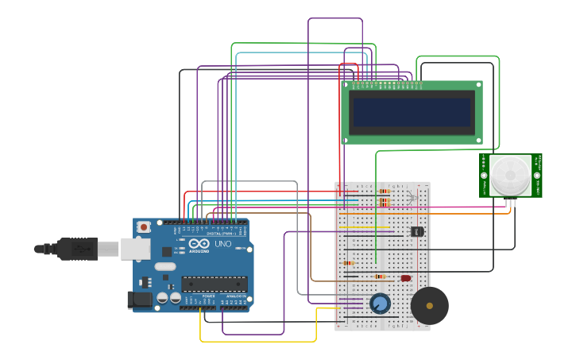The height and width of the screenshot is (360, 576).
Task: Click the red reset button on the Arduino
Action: [x=144, y=227]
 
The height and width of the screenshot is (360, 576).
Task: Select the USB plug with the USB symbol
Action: [x=79, y=249]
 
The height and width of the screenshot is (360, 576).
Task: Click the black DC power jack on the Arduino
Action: [x=139, y=300]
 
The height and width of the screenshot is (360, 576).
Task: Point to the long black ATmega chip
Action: [x=214, y=284]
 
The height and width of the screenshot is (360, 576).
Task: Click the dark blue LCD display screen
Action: [x=412, y=112]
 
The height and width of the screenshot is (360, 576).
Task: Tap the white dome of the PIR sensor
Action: [x=509, y=175]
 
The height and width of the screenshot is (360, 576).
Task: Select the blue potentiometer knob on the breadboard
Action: [x=381, y=304]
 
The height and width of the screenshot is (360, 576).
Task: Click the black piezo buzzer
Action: [x=429, y=305]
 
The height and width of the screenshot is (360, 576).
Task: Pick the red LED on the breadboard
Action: [x=406, y=278]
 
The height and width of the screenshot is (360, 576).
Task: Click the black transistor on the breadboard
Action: [x=416, y=231]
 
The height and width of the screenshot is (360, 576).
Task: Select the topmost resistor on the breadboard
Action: [x=385, y=191]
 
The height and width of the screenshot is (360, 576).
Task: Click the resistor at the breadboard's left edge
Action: [x=348, y=263]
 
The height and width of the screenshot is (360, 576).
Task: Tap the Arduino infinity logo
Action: [x=199, y=244]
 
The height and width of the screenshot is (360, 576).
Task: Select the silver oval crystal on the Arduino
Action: [x=164, y=267]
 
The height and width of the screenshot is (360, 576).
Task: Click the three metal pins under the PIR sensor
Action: [x=509, y=203]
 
